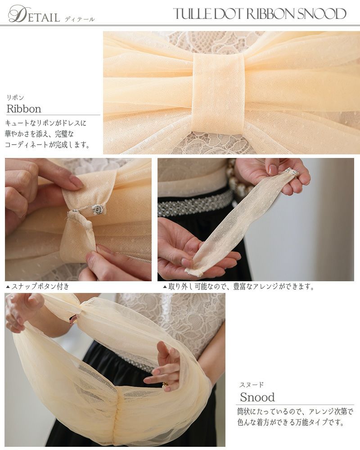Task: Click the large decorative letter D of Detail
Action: pyautogui.click(x=17, y=14)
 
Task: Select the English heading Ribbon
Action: pyautogui.click(x=24, y=109)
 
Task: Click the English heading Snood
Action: pyautogui.click(x=257, y=397)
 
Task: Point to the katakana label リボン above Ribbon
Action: pyautogui.click(x=15, y=98)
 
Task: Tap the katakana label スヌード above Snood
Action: pyautogui.click(x=251, y=385)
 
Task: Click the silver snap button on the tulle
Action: pyautogui.click(x=95, y=210)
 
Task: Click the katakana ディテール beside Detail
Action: pyautogui.click(x=80, y=19)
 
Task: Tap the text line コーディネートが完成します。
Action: pyautogui.click(x=48, y=144)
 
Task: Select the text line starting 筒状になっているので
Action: pyautogui.click(x=295, y=411)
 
